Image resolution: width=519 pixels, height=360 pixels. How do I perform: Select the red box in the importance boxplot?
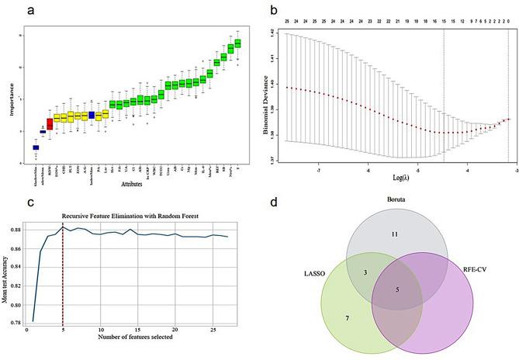49,123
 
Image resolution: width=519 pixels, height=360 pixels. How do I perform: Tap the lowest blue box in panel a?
35,147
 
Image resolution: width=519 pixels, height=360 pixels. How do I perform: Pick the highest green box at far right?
237,43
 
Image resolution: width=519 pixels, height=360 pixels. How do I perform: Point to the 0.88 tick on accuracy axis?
17,230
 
